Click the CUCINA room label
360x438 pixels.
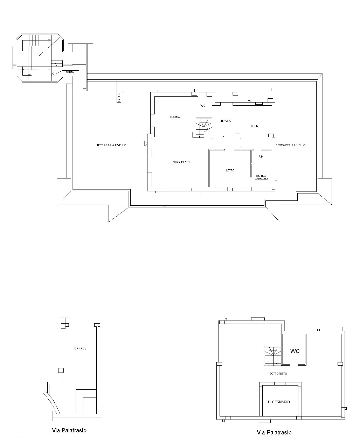point(175,117)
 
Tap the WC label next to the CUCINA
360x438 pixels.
point(202,106)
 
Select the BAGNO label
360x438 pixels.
point(226,121)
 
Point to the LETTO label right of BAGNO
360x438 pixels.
point(255,126)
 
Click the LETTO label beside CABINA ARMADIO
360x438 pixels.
point(230,170)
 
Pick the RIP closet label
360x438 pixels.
point(261,157)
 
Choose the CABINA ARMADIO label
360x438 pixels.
point(262,177)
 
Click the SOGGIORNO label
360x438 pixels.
point(181,162)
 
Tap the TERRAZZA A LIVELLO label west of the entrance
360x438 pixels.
point(111,145)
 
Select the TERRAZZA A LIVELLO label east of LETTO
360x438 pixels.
point(291,145)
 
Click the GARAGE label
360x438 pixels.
point(80,348)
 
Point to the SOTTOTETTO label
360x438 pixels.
point(278,374)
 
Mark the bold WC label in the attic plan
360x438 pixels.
point(295,351)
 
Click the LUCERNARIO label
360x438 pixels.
point(279,402)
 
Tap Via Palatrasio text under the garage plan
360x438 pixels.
point(69,430)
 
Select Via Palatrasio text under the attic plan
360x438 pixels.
point(274,432)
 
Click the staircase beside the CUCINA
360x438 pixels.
point(203,128)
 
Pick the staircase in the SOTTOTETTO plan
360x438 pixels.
point(272,356)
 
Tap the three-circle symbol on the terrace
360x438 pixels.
point(119,97)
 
